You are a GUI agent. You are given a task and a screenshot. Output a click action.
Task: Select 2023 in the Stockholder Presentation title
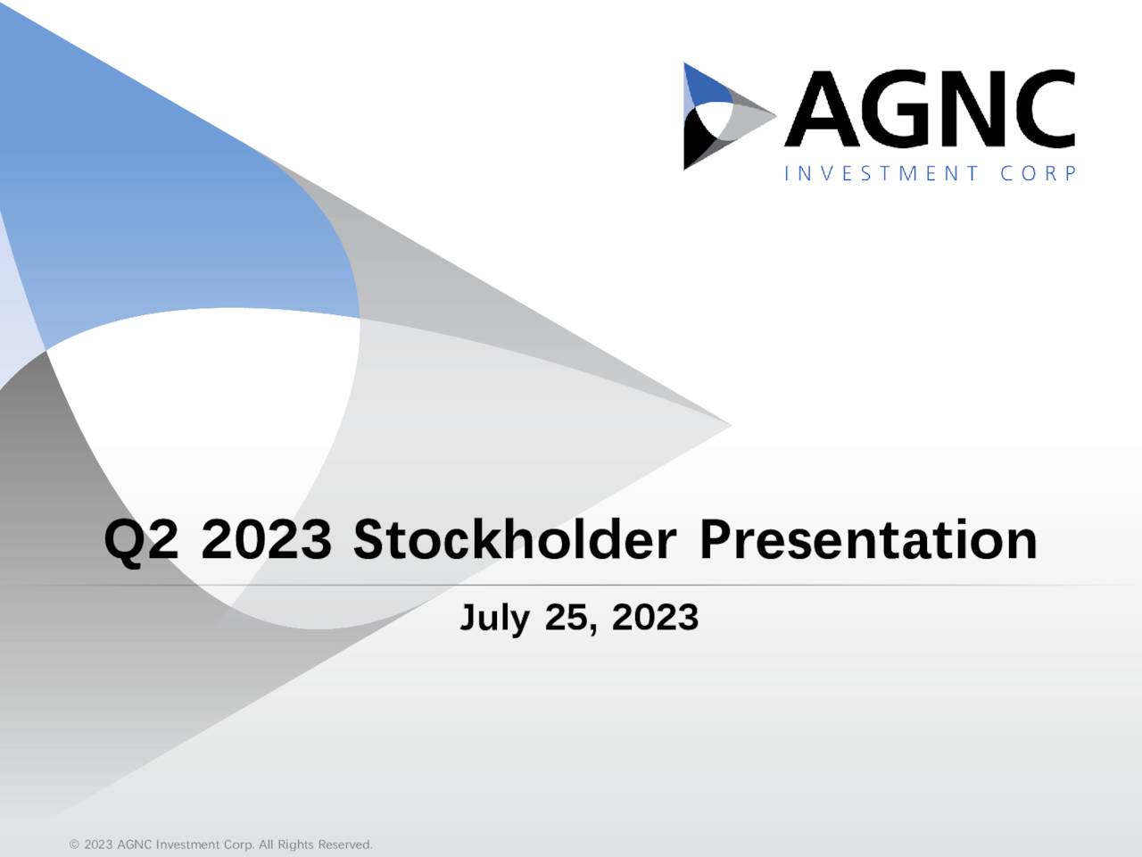point(266,541)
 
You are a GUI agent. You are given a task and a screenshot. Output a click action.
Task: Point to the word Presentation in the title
point(868,541)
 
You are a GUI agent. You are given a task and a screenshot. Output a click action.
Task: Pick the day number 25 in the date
point(567,618)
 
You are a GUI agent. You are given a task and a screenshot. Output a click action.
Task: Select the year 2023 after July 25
point(655,618)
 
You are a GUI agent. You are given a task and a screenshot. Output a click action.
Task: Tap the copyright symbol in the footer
point(74,845)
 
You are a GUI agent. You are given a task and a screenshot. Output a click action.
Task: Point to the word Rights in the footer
point(295,845)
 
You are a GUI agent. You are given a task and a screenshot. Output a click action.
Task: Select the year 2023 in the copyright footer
point(98,845)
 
